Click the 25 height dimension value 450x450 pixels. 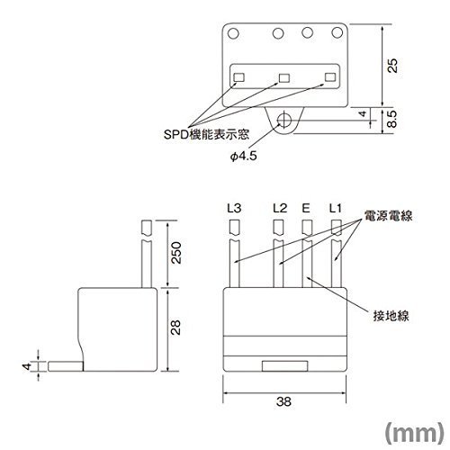(x=392, y=66)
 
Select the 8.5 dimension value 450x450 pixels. (x=392, y=119)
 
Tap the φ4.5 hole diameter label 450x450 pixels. (x=244, y=156)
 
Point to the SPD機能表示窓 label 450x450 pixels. (x=206, y=134)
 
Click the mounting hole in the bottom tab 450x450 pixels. (x=283, y=120)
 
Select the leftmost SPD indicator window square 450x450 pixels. (x=239, y=77)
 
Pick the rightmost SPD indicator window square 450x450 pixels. (x=330, y=77)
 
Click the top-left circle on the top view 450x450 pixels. (x=233, y=33)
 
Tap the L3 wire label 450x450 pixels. (x=234, y=208)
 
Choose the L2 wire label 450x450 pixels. (x=280, y=208)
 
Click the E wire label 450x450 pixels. (x=306, y=208)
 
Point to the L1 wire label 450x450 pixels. (x=335, y=208)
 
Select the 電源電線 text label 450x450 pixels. (x=389, y=216)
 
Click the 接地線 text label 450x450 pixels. (x=391, y=316)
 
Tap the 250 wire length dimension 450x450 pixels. (x=176, y=253)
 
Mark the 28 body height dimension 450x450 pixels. (x=175, y=328)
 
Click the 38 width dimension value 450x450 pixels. (x=283, y=401)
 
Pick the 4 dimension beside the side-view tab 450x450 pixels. (x=27, y=366)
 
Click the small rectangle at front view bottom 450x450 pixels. (x=284, y=366)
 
